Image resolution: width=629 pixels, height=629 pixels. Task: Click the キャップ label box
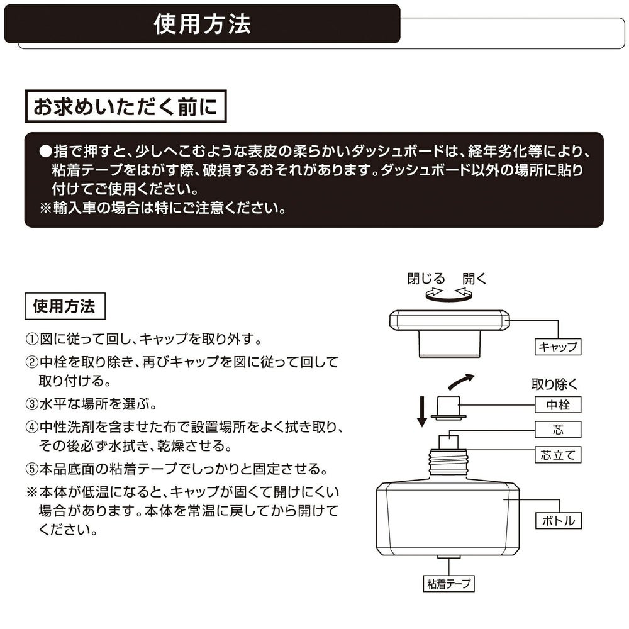pos(557,347)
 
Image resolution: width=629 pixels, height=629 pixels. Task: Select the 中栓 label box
pos(557,404)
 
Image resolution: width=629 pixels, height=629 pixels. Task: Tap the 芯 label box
pos(557,430)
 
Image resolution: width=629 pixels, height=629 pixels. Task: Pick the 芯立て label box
pos(557,455)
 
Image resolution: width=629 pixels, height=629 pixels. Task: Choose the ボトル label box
pos(559,521)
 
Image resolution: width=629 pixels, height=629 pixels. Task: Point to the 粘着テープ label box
pos(449,584)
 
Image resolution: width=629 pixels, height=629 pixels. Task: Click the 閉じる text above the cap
pos(426,279)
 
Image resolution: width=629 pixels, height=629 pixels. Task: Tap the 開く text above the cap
pos(474,279)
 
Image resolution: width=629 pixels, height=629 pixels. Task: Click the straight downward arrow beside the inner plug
pos(421,411)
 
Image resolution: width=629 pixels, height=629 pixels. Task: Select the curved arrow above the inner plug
pos(461,382)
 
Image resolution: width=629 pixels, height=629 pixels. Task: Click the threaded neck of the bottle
pos(448,462)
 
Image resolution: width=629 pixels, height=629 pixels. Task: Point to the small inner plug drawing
pos(448,408)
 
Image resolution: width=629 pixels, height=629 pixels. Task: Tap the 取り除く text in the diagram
pos(554,384)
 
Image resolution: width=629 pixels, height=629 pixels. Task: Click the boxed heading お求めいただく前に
pos(126,106)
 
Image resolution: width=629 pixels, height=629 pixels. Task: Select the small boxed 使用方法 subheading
pos(65,306)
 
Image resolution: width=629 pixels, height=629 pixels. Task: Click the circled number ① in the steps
pos(31,340)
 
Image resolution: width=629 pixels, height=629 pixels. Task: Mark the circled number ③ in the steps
pos(31,404)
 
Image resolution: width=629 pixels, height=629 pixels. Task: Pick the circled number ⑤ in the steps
pos(31,469)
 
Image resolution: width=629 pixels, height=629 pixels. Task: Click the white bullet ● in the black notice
pos(45,151)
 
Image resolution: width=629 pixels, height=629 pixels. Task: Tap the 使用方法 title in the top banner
pos(202,24)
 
